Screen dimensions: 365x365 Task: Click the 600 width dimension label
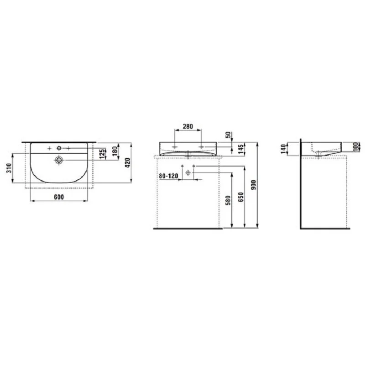59,197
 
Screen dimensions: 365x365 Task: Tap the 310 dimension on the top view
9,168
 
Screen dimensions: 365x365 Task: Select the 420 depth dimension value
128,163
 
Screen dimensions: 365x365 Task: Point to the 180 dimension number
115,151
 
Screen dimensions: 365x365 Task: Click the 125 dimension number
102,154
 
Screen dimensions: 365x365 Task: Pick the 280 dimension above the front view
188,126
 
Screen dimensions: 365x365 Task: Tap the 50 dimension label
229,135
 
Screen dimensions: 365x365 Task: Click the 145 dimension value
241,149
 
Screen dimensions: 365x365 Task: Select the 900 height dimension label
254,185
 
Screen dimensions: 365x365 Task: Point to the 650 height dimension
241,197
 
